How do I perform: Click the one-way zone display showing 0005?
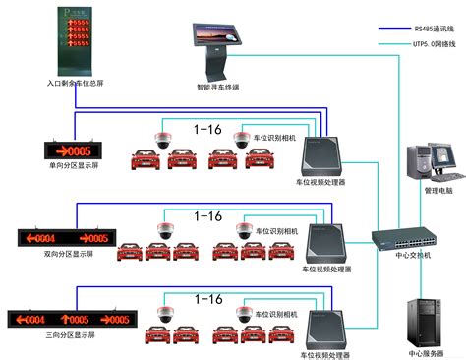click(x=73, y=150)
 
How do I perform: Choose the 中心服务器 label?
click(x=427, y=351)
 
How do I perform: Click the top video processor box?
click(x=325, y=153)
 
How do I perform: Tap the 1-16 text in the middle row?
click(x=207, y=214)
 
